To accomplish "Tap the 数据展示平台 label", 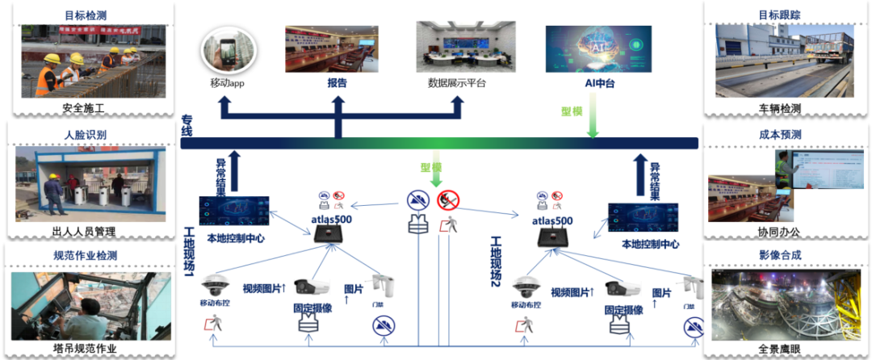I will tap(457, 83).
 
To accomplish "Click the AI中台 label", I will tap(594, 83).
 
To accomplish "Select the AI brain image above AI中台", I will tap(594, 48).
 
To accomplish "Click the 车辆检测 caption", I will tap(780, 108).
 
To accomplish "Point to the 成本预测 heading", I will tap(780, 135).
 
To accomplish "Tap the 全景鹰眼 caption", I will tap(780, 349).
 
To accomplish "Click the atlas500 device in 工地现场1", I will tap(330, 234).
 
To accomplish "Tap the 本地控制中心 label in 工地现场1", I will tap(236, 239).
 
